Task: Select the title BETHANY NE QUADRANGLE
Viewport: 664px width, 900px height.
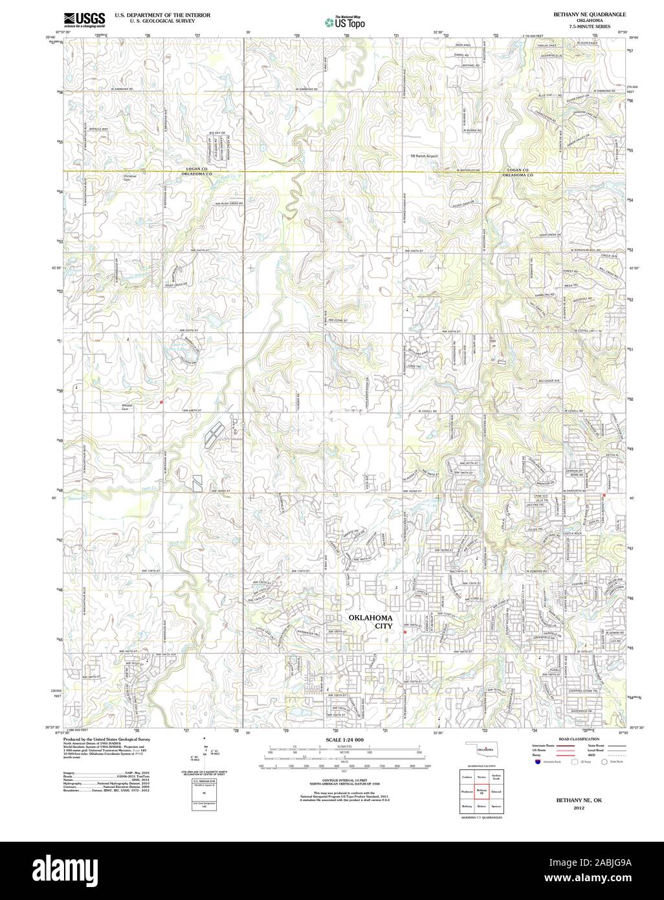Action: click(x=589, y=14)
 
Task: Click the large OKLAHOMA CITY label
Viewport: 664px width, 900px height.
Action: click(x=371, y=622)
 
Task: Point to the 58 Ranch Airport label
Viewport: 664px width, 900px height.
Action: click(x=425, y=156)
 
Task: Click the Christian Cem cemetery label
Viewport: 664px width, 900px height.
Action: click(x=131, y=177)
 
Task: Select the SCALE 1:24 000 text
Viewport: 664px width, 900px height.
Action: click(x=344, y=739)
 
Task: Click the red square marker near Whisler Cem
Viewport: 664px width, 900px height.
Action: click(x=160, y=402)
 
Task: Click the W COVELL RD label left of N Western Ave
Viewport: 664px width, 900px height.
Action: click(x=428, y=411)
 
